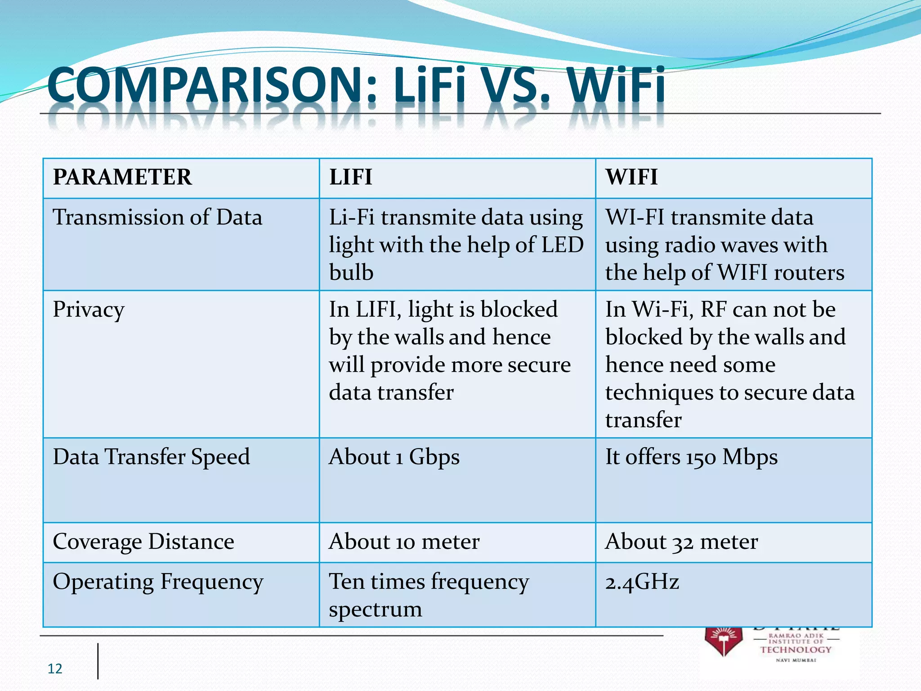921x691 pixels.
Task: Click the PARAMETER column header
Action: pos(122,177)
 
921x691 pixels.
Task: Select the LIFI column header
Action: pos(351,177)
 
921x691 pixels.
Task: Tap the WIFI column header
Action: pos(631,177)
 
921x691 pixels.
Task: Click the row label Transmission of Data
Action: pos(157,217)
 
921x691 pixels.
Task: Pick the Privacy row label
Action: pos(89,310)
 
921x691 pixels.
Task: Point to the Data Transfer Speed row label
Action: pos(151,457)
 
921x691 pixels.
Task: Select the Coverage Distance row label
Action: pos(143,541)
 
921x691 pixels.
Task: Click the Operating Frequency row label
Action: pos(158,581)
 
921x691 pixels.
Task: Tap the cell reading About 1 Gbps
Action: pos(394,457)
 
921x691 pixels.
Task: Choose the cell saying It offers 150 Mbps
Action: pos(691,457)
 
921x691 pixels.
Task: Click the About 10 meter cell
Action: pos(404,541)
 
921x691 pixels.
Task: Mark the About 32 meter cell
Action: pos(681,541)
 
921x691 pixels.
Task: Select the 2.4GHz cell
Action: pos(642,582)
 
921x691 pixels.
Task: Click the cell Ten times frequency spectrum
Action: pos(429,595)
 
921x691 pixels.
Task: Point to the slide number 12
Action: pos(55,669)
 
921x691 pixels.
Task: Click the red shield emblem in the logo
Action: pos(723,641)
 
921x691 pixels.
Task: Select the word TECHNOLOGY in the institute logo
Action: pos(796,650)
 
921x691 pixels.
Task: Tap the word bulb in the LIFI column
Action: pos(351,273)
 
